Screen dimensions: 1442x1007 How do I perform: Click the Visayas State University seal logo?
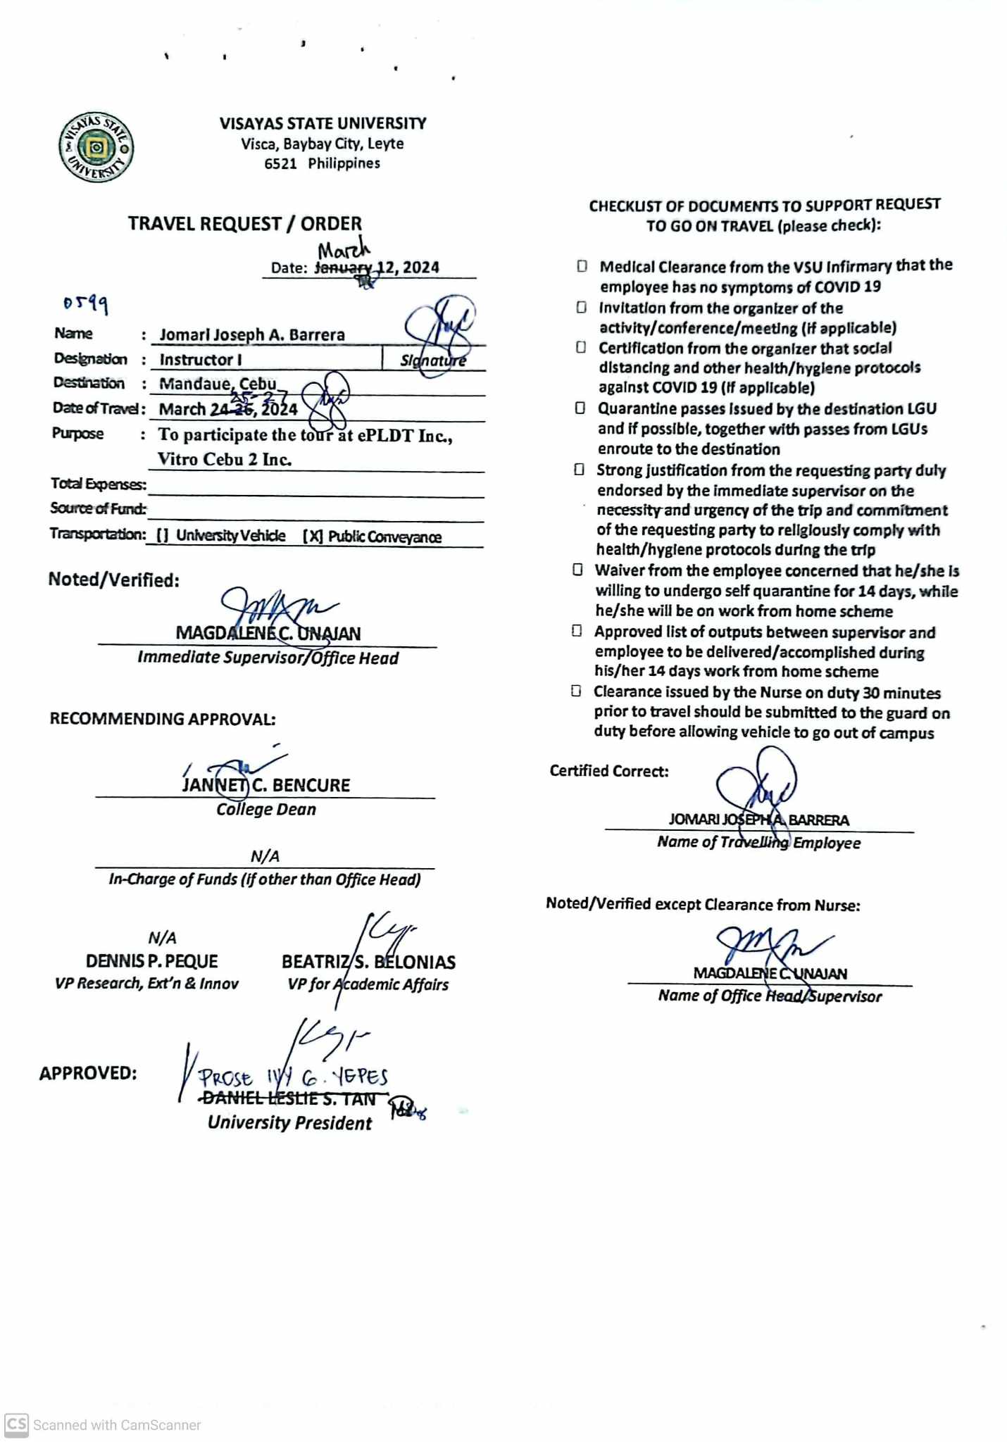point(96,147)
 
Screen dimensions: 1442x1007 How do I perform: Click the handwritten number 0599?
point(85,303)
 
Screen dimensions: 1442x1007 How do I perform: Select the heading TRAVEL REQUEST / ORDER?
point(244,224)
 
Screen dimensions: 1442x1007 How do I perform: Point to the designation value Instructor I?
point(201,360)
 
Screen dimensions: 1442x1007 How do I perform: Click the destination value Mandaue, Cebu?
point(218,384)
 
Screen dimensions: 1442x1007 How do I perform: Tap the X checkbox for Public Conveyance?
point(313,537)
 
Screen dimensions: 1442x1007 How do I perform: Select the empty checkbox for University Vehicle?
point(162,536)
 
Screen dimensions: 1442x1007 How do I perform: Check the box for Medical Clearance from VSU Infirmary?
point(582,266)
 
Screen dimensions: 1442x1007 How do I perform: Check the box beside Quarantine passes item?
point(580,408)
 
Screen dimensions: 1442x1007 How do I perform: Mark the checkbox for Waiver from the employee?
point(577,570)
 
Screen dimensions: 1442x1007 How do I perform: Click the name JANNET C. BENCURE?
point(266,785)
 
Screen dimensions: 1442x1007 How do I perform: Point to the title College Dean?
point(266,810)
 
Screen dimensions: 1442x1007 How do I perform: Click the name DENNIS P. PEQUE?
point(151,961)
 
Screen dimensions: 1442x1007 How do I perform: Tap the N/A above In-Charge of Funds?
point(265,856)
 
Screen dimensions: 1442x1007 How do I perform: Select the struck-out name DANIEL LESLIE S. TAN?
point(289,1099)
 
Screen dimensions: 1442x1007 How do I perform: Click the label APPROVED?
point(88,1073)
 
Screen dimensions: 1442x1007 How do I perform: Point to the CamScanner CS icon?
point(16,1424)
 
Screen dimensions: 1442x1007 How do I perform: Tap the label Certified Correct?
point(609,771)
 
